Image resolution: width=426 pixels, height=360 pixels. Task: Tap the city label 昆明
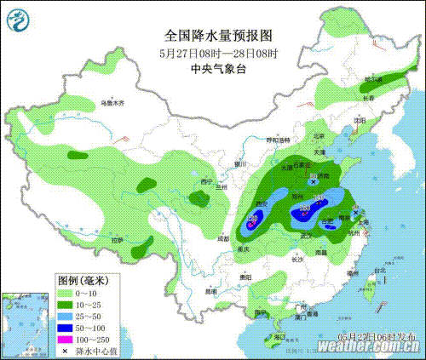coord(212,291)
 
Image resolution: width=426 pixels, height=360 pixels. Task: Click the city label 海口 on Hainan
coord(278,337)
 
